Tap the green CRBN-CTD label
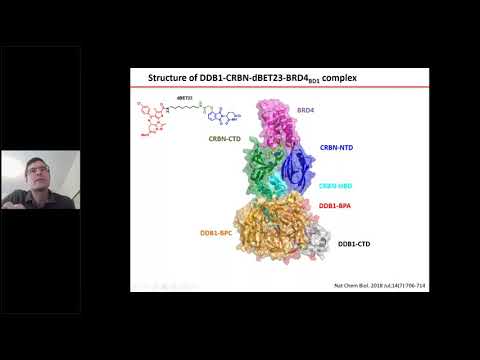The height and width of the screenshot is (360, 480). (227, 140)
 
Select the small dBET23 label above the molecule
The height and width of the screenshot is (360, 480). (185, 99)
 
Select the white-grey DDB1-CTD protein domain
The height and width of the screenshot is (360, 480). (318, 240)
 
